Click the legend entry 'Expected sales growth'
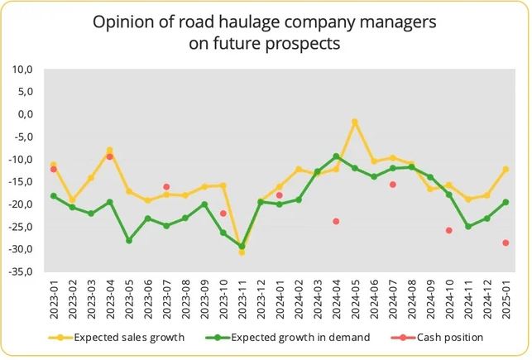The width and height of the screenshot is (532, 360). coord(127,338)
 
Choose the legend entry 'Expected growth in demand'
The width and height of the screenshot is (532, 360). coord(300,338)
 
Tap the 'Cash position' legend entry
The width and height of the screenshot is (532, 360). coord(449,338)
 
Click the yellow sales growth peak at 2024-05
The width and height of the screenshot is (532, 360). coord(355,122)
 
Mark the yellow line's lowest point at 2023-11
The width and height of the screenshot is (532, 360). coord(242,252)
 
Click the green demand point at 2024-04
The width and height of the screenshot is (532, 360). coord(336,156)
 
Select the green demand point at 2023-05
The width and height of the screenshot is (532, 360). coord(129,241)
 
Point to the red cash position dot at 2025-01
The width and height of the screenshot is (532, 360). coord(506,242)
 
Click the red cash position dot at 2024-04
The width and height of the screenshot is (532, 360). coord(336,221)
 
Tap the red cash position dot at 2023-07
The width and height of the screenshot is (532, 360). coord(166,187)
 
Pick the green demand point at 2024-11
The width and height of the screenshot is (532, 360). coord(468,227)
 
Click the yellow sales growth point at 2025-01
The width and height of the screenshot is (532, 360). coord(506,170)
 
